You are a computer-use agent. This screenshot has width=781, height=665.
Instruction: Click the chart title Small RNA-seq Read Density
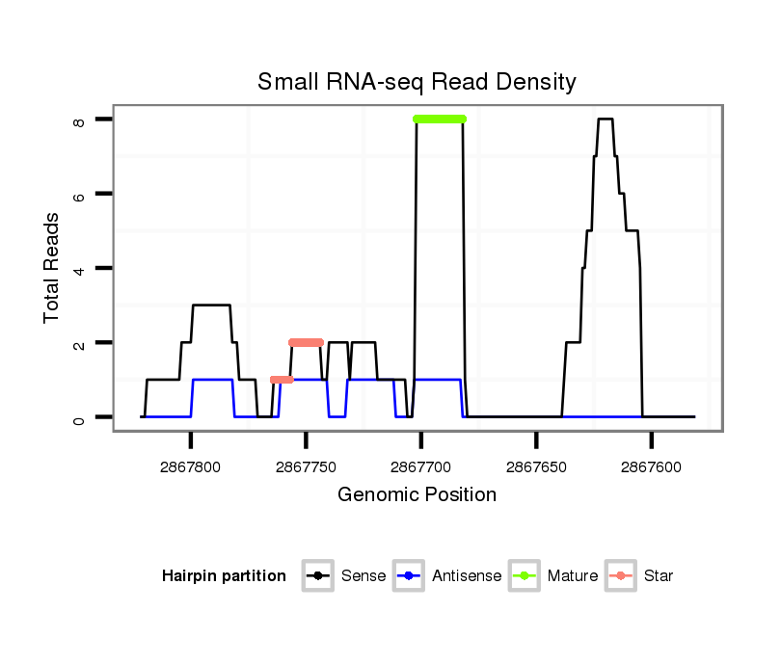(x=417, y=82)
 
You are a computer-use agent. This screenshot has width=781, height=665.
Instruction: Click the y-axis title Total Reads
(x=53, y=267)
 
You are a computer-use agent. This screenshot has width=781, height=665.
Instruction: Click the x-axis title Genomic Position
(x=417, y=495)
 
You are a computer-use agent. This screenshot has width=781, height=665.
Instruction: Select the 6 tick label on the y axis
(x=79, y=195)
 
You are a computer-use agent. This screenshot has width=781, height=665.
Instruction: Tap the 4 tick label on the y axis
(x=79, y=268)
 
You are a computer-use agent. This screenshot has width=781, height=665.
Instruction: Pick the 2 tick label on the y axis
(x=79, y=344)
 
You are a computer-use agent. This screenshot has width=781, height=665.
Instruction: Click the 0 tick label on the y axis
(x=79, y=418)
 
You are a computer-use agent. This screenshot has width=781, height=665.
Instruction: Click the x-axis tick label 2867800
(x=191, y=465)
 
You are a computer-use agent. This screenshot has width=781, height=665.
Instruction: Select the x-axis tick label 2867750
(x=306, y=465)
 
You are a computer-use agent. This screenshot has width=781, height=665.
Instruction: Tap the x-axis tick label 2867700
(x=421, y=465)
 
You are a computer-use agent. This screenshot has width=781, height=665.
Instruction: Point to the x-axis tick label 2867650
(x=536, y=465)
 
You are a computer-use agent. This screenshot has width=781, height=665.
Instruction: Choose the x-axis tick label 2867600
(x=652, y=465)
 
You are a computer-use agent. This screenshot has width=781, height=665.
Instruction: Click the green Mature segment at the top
(x=440, y=119)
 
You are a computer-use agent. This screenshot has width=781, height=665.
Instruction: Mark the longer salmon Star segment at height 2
(x=306, y=342)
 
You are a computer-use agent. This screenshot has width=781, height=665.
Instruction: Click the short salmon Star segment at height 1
(x=282, y=380)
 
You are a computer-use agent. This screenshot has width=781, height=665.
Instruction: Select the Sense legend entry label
(x=364, y=576)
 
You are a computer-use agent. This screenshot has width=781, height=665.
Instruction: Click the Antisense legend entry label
(x=467, y=576)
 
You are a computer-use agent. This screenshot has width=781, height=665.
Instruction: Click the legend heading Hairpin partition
(x=224, y=576)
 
